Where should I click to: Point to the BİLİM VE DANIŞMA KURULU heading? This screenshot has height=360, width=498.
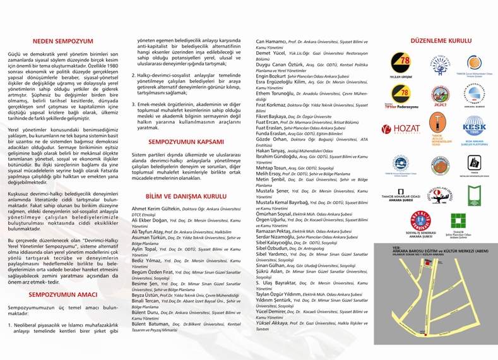tap(187, 196)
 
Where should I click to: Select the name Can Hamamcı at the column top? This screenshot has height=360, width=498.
tap(272, 42)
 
